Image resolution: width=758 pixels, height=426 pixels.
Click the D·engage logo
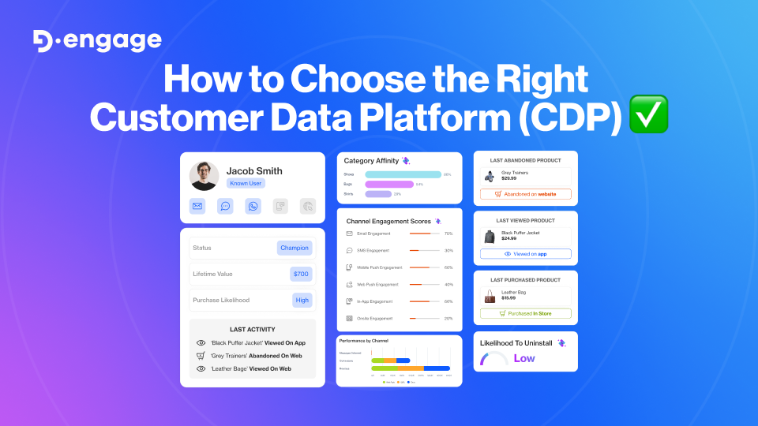click(97, 40)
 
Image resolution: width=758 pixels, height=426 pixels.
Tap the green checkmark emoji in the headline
click(649, 114)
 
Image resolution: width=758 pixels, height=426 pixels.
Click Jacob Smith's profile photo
click(205, 176)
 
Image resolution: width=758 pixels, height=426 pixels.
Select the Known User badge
click(246, 183)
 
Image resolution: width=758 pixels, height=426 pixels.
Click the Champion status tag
click(295, 248)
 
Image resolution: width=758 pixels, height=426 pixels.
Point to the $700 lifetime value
click(301, 274)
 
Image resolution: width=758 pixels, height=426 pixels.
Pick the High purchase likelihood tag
click(302, 300)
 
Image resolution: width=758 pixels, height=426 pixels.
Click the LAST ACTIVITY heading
click(253, 329)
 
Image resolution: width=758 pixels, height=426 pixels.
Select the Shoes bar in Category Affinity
click(403, 174)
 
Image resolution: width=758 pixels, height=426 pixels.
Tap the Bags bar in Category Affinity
click(388, 184)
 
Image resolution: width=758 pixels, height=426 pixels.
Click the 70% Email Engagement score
click(448, 234)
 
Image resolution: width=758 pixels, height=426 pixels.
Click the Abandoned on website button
click(525, 194)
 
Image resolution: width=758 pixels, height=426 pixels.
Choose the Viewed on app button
click(525, 254)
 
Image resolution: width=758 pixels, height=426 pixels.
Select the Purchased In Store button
click(525, 313)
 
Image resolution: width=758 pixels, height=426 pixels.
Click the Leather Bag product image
click(490, 296)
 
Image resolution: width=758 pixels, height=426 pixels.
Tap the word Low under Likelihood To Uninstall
click(524, 358)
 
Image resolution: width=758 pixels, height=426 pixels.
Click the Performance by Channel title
click(363, 341)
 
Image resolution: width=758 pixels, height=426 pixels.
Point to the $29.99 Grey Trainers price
click(508, 178)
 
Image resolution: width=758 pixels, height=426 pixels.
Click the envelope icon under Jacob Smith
click(198, 207)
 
